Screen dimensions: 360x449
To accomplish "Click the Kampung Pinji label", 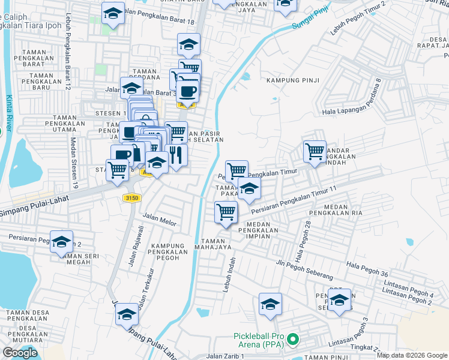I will pos(292,80).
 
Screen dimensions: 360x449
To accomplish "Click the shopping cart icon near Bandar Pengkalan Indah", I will pos(315,151).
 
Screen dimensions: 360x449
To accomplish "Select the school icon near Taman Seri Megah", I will pos(61,241).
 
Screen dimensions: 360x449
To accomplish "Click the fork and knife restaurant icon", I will pos(176,155).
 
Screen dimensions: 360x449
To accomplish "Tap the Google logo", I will pos(20,353).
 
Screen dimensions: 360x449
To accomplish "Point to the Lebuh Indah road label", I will pos(227,275).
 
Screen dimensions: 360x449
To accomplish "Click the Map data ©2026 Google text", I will pos(411,355).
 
